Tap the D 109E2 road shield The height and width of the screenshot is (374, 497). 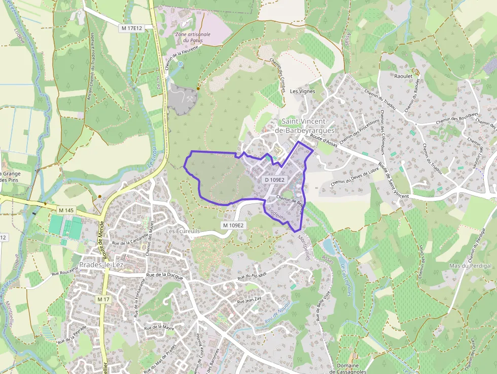[274, 180]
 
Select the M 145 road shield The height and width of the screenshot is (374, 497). [66, 210]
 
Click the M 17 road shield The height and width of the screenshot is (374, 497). [103, 300]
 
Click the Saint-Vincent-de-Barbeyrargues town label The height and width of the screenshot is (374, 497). [304, 126]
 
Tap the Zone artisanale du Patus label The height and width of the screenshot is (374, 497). [192, 37]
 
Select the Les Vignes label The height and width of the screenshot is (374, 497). [302, 91]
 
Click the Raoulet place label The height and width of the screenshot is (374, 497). [404, 76]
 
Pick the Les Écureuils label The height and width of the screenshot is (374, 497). [183, 231]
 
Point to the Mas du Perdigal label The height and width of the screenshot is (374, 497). [468, 266]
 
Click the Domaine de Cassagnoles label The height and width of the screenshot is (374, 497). [347, 368]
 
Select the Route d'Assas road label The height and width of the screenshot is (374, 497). [324, 141]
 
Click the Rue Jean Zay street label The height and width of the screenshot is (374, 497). [249, 300]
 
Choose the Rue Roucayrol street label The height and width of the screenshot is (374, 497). [65, 273]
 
